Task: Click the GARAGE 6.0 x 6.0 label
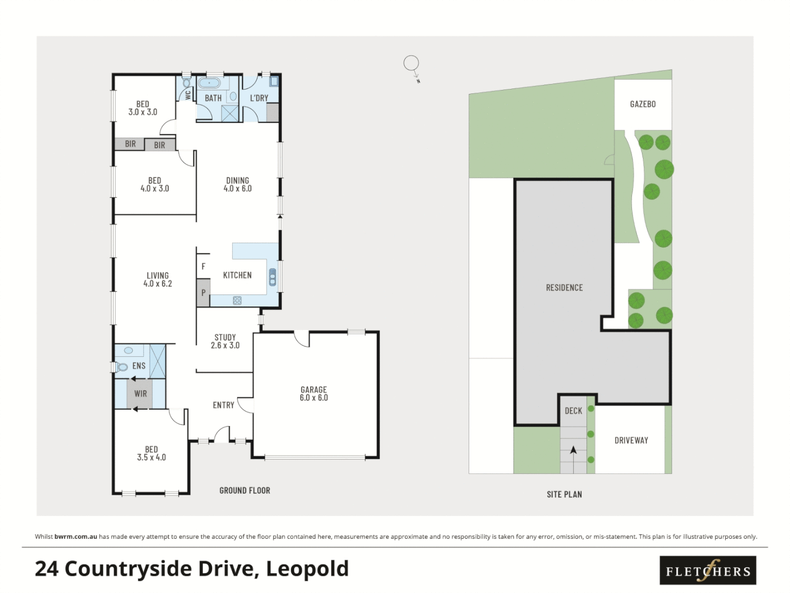pos(313,394)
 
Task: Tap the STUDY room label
pos(225,341)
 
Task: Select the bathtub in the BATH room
pos(209,83)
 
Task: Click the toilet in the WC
pos(186,83)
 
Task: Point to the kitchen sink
pos(272,277)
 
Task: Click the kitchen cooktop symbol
pos(237,300)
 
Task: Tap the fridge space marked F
pos(204,266)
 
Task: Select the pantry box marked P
pos(203,293)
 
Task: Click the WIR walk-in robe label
pos(140,394)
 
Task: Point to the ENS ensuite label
pos(139,366)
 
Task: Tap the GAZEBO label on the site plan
pos(642,104)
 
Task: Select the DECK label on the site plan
pos(573,411)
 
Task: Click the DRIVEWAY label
pos(631,440)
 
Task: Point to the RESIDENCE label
pos(564,288)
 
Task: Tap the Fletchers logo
pos(708,571)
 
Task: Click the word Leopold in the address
pos(307,569)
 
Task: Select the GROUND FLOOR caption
pos(245,490)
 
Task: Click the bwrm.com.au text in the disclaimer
pos(76,536)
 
